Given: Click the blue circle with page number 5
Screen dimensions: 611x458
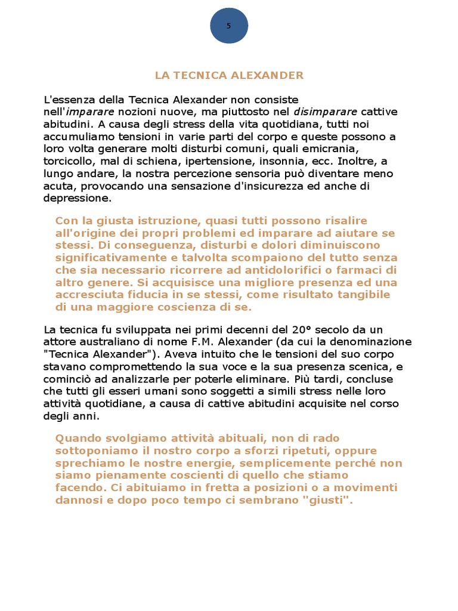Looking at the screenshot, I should pos(229,26).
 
